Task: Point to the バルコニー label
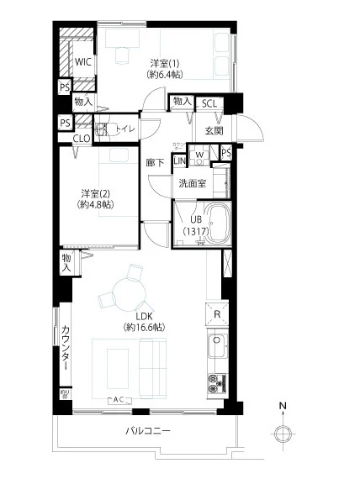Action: tap(148, 430)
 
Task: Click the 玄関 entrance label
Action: tap(214, 130)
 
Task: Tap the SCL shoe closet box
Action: tap(211, 103)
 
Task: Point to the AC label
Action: tap(119, 399)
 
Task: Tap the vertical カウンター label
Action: tap(65, 349)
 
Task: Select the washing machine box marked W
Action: tap(200, 154)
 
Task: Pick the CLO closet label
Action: tap(82, 139)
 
